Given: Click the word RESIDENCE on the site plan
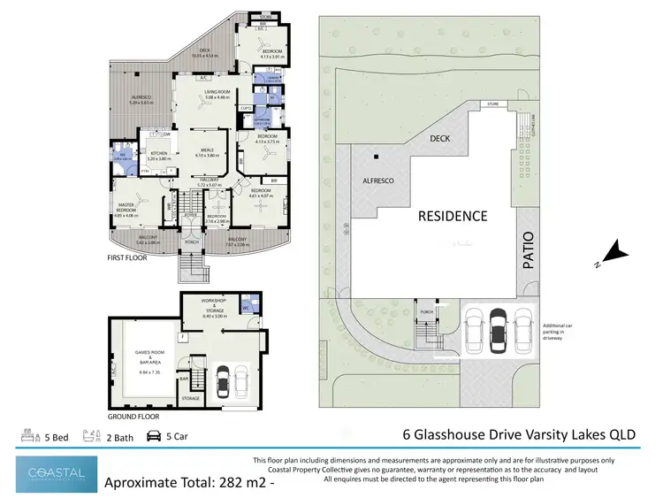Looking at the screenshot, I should (452, 215).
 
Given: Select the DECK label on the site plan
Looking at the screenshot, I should (440, 139).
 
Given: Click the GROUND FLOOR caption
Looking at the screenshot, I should (133, 416).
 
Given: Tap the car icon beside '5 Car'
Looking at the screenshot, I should (152, 435).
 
